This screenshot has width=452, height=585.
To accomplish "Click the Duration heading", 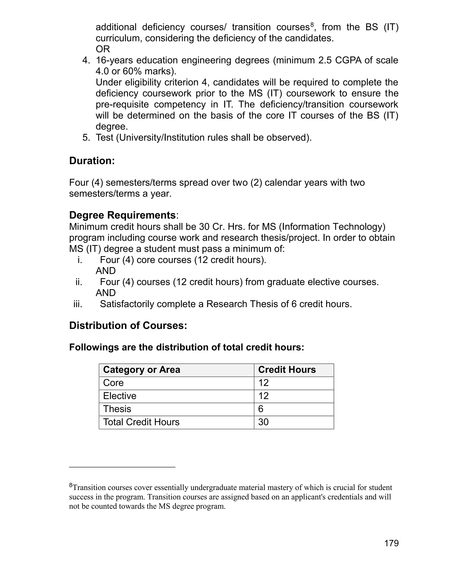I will (92, 161).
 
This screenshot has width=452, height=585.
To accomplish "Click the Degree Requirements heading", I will (122, 215).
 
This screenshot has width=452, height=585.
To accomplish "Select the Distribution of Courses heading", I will (128, 325).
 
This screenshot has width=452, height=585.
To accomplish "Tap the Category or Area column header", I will (141, 370).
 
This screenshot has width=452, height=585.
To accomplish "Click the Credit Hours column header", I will (287, 370).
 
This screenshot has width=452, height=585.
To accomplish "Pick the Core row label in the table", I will (113, 383).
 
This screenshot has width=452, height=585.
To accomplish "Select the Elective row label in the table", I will (120, 396).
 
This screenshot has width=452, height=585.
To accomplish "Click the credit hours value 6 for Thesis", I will (261, 409).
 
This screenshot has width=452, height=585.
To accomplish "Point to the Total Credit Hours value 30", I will (263, 422).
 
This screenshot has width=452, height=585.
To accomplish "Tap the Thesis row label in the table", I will (117, 409).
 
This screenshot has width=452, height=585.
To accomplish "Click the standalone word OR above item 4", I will (103, 49).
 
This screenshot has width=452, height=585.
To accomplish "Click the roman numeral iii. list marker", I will (78, 304).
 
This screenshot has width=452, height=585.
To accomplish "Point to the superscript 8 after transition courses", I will (312, 25).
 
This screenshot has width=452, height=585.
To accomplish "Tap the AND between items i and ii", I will (105, 271).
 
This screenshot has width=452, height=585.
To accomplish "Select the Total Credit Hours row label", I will (141, 422).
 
